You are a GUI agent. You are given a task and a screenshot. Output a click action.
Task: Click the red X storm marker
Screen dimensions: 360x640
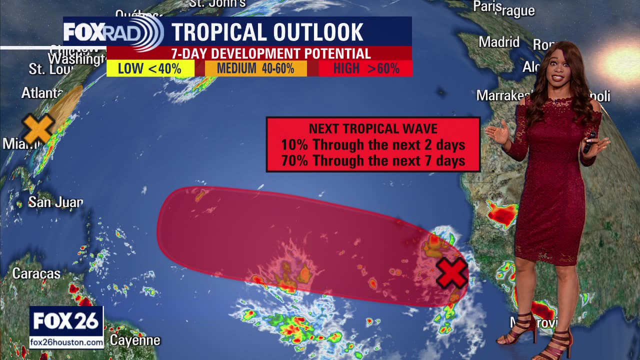(451, 273)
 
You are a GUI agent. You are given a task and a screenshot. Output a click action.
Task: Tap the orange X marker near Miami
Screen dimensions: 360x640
(38, 128)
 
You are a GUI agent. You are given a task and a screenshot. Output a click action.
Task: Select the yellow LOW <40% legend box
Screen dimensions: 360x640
(150, 68)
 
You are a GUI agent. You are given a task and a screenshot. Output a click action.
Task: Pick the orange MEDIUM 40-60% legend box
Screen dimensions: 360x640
(255, 68)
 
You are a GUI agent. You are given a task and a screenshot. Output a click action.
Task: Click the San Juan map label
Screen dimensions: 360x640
(55, 202)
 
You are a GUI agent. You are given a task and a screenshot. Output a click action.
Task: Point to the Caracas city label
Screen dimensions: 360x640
(36, 273)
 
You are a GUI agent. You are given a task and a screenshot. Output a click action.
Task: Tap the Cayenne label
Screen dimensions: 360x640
(135, 340)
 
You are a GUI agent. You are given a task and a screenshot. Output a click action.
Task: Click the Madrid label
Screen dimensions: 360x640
(499, 42)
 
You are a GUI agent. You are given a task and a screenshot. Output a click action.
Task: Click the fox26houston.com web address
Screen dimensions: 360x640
(66, 342)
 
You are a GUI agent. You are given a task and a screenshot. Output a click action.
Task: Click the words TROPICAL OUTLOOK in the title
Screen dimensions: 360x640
(267, 32)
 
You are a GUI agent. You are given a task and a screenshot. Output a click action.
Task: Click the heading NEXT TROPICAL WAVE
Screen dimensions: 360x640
(373, 128)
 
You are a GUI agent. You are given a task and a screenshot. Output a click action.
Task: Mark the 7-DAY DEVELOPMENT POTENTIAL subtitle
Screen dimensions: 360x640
(271, 53)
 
